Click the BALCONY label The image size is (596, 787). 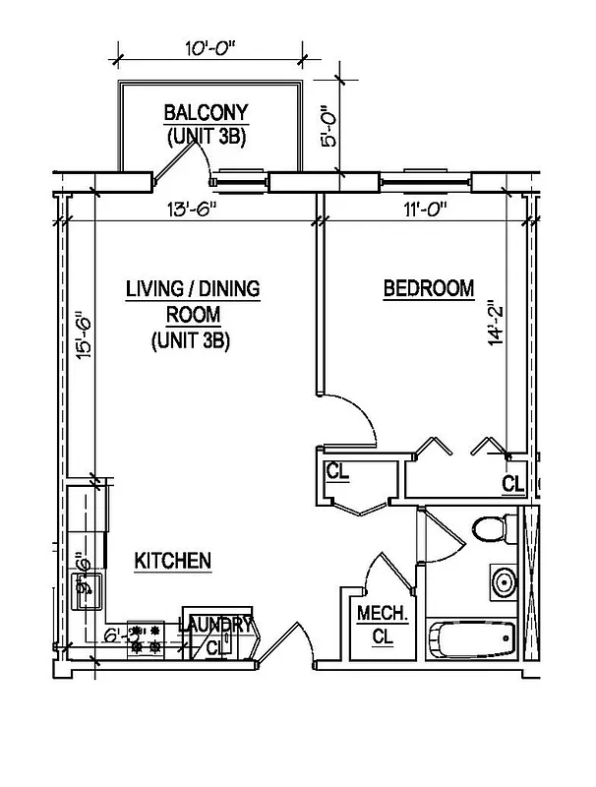tap(206, 111)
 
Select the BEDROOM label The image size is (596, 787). tap(428, 289)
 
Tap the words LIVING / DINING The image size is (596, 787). tap(192, 289)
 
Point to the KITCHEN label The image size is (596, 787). tap(173, 561)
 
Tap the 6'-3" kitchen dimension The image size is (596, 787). tap(121, 636)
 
